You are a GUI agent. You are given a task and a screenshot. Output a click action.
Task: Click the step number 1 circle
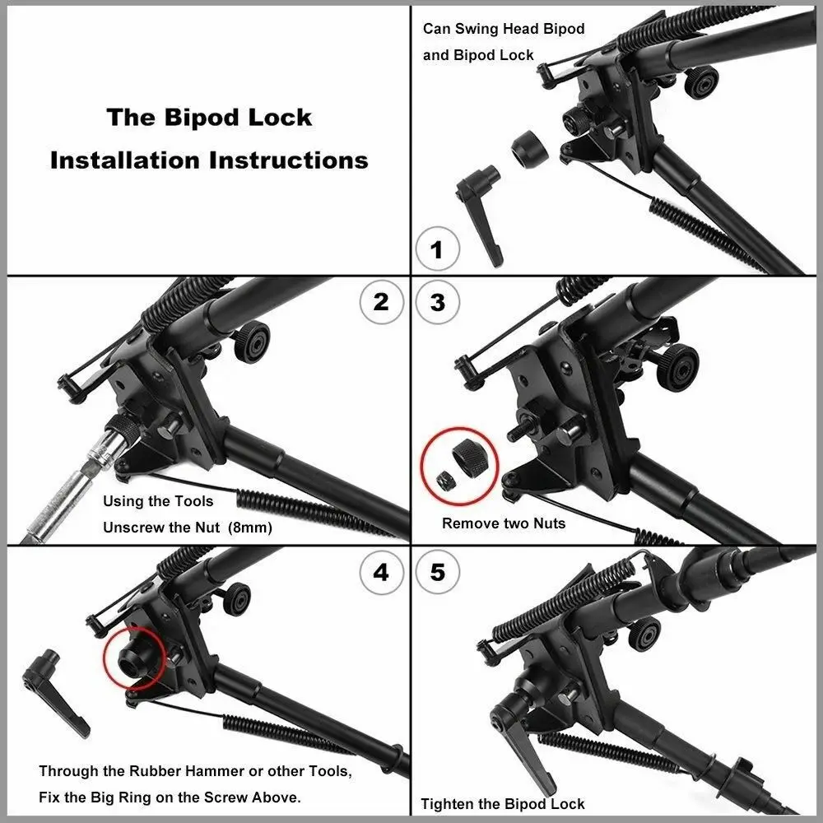pyautogui.click(x=436, y=249)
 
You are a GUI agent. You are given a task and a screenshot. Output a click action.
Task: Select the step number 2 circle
pyautogui.click(x=381, y=302)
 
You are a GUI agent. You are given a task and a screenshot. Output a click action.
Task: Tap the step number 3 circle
pyautogui.click(x=437, y=302)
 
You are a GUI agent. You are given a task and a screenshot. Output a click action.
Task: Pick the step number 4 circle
pyautogui.click(x=381, y=572)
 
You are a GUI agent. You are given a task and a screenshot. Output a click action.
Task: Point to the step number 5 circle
pyautogui.click(x=437, y=572)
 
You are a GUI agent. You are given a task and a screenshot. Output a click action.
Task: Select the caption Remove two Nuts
pyautogui.click(x=504, y=523)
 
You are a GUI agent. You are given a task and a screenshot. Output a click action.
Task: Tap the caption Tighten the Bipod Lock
pyautogui.click(x=502, y=804)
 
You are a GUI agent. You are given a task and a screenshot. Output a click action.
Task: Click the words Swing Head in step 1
pyautogui.click(x=497, y=29)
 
